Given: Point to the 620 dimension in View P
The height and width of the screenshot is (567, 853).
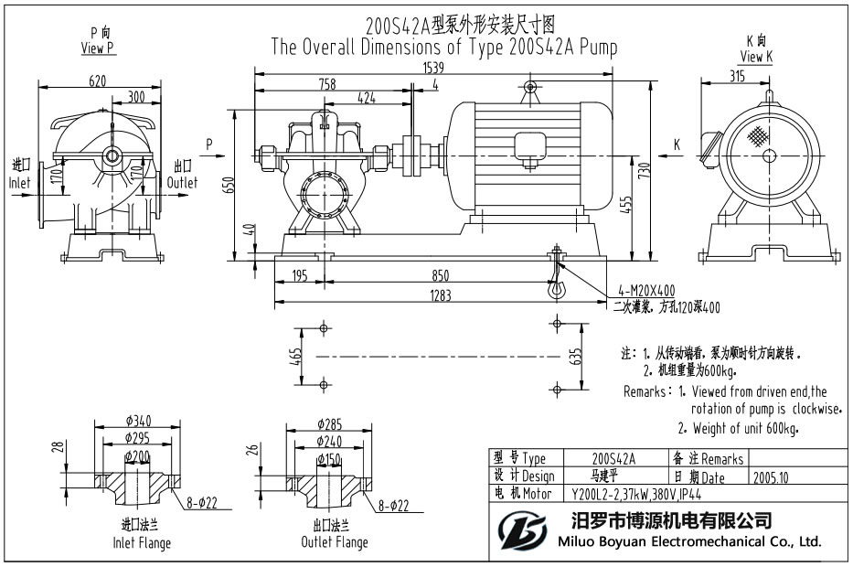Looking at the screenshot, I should click(97, 80).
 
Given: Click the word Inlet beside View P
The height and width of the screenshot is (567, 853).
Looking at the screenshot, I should click(19, 182).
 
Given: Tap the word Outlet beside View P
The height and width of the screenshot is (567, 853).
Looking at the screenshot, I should click(182, 182).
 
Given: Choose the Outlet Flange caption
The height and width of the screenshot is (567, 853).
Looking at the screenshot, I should click(335, 542).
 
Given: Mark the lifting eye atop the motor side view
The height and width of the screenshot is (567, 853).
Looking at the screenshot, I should click(529, 89).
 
